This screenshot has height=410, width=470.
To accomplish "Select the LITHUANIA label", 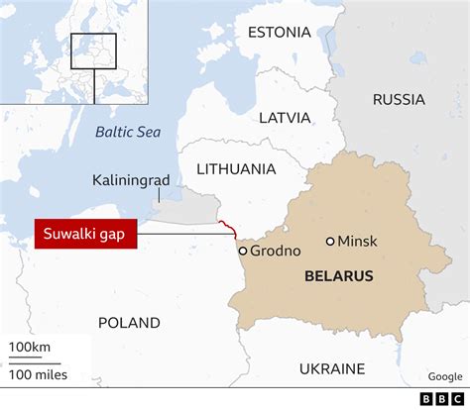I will pyautogui.click(x=236, y=169).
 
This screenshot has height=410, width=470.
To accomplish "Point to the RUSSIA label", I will pyautogui.click(x=399, y=99).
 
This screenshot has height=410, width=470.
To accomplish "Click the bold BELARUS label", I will pyautogui.click(x=333, y=276).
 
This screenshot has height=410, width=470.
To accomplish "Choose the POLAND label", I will pyautogui.click(x=129, y=323).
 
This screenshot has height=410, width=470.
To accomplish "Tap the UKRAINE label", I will pyautogui.click(x=332, y=369).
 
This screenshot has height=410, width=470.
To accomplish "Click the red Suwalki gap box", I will pyautogui.click(x=84, y=235).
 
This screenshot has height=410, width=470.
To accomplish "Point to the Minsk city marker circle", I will pyautogui.click(x=330, y=241).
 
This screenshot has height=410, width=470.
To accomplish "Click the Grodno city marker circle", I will pyautogui.click(x=242, y=251).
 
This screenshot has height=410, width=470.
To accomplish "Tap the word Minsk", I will pyautogui.click(x=358, y=242).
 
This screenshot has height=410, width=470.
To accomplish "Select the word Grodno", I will pyautogui.click(x=274, y=251).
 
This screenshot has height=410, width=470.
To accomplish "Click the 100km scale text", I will pyautogui.click(x=31, y=348).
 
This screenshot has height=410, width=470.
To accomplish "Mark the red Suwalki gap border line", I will pyautogui.click(x=230, y=228).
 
